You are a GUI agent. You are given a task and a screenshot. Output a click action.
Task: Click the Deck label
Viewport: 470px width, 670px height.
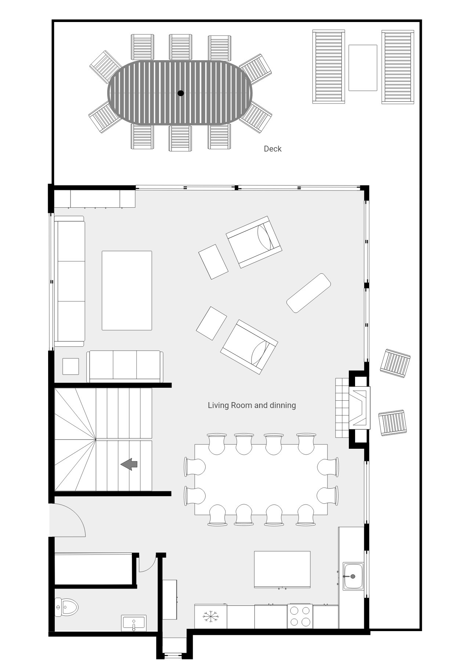(x=272, y=149)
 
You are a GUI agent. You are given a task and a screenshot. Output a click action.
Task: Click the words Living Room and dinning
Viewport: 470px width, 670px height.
(x=252, y=405)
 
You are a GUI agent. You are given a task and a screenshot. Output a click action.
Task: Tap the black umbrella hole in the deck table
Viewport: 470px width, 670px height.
(x=180, y=93)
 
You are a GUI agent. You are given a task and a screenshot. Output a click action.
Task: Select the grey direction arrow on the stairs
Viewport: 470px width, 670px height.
(x=129, y=464)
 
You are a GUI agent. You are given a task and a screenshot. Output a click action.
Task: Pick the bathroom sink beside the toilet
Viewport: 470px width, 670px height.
(x=134, y=623)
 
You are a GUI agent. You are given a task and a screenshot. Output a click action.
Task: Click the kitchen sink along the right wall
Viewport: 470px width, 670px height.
(x=353, y=576)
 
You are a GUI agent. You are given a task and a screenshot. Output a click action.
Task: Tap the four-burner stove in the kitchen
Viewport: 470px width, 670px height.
(x=300, y=616)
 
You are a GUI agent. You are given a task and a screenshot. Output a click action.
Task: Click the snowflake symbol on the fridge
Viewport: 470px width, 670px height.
(x=211, y=616)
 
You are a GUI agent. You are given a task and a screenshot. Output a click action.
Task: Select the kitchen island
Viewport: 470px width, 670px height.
(x=282, y=569)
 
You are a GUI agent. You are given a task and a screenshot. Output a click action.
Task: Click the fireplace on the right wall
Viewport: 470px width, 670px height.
(x=359, y=408)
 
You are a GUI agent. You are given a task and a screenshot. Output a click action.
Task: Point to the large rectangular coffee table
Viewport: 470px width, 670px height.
(x=127, y=290)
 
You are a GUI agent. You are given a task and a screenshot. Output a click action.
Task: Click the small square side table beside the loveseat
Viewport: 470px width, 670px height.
(x=70, y=366)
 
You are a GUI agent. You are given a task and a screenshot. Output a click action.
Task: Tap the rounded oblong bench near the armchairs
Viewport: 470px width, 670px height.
(x=308, y=293)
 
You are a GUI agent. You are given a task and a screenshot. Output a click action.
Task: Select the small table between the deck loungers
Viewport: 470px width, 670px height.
(x=362, y=68)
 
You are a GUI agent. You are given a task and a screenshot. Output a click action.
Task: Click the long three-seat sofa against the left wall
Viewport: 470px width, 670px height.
(x=69, y=281)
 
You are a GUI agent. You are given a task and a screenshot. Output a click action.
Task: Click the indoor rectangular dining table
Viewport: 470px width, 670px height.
(x=261, y=479)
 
